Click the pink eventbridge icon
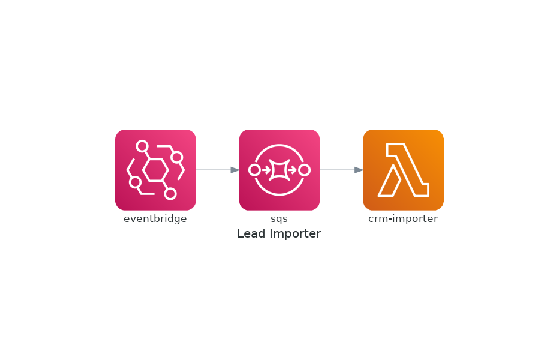click(155, 170)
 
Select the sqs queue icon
click(279, 170)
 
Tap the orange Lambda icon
click(403, 170)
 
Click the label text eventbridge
click(155, 218)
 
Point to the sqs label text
click(279, 219)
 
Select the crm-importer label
click(403, 218)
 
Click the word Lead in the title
click(252, 233)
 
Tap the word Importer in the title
click(295, 234)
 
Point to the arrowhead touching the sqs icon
click(235, 170)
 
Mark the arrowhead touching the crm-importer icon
click(359, 170)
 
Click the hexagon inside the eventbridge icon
click(155, 170)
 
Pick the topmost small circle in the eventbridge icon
click(142, 146)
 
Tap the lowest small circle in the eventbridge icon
click(170, 194)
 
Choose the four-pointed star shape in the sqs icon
click(279, 170)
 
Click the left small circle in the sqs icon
click(254, 170)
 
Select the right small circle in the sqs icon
click(305, 170)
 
